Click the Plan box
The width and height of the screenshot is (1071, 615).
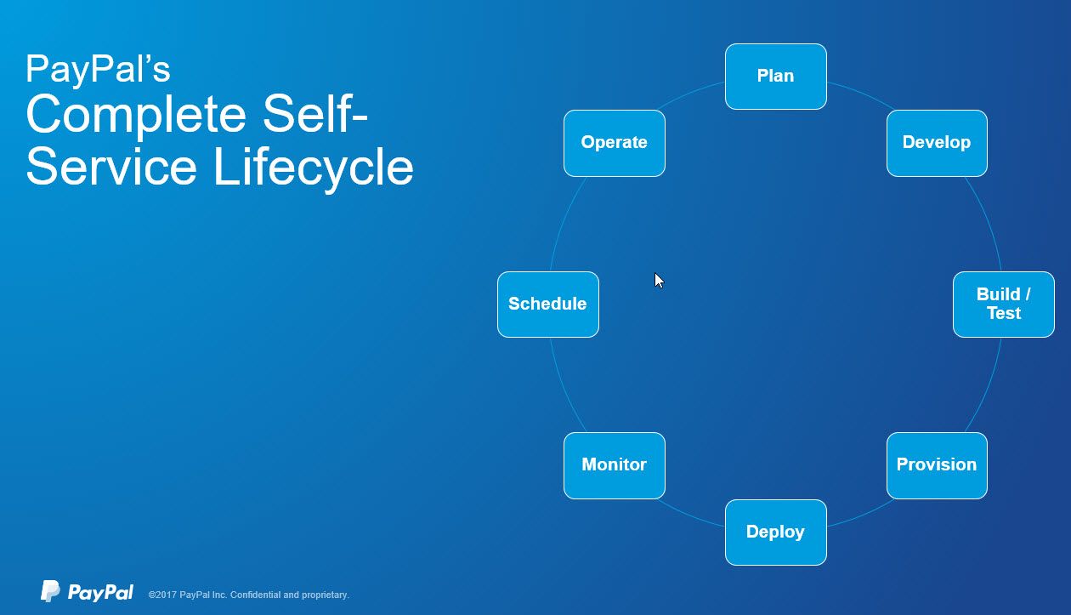775,77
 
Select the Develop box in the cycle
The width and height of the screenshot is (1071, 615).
936,143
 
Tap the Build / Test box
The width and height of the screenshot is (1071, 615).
1003,305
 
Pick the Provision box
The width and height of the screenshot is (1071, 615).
936,465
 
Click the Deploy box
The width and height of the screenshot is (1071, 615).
775,532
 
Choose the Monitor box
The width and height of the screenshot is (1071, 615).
614,465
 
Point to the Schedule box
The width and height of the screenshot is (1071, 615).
547,305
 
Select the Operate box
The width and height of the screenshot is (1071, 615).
614,143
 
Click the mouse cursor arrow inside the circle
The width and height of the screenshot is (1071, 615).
659,281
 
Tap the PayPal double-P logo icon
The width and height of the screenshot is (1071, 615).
50,591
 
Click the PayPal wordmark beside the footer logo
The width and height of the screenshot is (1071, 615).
100,593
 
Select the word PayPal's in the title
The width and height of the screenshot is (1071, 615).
98,70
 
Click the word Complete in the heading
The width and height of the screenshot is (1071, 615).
136,116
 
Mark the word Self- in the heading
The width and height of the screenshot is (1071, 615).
315,116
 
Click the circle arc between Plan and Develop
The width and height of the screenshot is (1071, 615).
858,93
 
